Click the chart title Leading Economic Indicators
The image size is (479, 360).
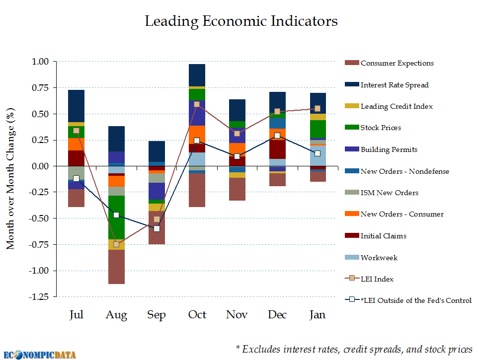point(241,21)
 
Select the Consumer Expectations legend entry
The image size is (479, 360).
point(397,63)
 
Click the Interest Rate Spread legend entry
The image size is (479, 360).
point(394,85)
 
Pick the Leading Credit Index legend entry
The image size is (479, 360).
point(396,106)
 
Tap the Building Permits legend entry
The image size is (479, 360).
point(389,149)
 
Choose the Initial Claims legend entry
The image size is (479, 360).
point(383,236)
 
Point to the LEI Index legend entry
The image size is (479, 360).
point(377,279)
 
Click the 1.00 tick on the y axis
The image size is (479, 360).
point(41,62)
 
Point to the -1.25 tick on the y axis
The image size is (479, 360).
point(40,297)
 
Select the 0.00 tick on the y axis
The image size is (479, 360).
point(41,166)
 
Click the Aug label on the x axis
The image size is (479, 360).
point(116,315)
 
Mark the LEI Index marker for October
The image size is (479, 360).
point(197,104)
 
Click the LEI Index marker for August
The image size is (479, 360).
point(116,244)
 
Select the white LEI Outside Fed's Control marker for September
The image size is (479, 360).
point(157,228)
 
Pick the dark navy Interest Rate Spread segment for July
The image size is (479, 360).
point(76,106)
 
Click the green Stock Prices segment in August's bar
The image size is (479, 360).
point(116,217)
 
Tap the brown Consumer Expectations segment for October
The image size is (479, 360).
point(197,190)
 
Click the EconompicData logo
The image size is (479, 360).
point(38,354)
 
